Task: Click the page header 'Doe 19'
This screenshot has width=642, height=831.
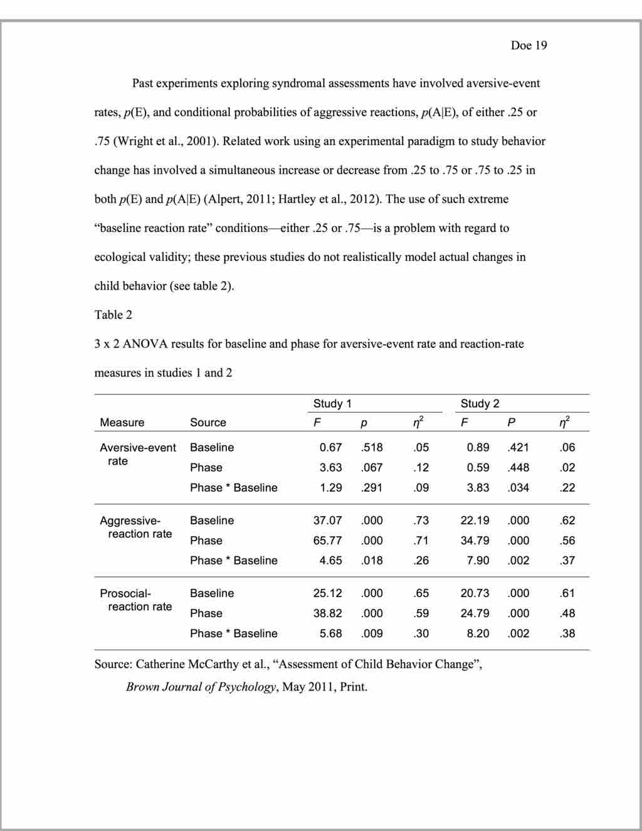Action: [x=529, y=45]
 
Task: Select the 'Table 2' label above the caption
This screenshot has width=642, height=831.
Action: [x=113, y=315]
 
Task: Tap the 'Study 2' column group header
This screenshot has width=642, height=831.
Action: [x=480, y=403]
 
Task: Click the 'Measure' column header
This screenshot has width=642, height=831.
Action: [x=122, y=423]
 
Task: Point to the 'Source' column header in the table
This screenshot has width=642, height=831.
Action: [x=208, y=423]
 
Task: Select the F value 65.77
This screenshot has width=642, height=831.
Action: [x=327, y=541]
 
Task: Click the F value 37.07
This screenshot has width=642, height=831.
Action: [x=327, y=521]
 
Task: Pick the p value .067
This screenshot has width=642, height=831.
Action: [x=372, y=468]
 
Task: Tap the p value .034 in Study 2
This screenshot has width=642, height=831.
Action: [x=518, y=488]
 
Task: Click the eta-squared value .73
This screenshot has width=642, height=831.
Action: [x=421, y=521]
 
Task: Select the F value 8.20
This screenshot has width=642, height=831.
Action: [x=478, y=633]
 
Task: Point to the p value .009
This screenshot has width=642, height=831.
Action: [x=372, y=633]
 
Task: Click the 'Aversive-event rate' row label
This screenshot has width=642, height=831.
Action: [x=137, y=454]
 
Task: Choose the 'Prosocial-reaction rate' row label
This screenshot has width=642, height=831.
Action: [x=135, y=600]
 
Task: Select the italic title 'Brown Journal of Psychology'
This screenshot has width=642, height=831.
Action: [x=201, y=687]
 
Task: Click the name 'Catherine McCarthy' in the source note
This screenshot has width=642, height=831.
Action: [x=185, y=664]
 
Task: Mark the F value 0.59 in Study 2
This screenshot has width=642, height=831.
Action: [x=478, y=468]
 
